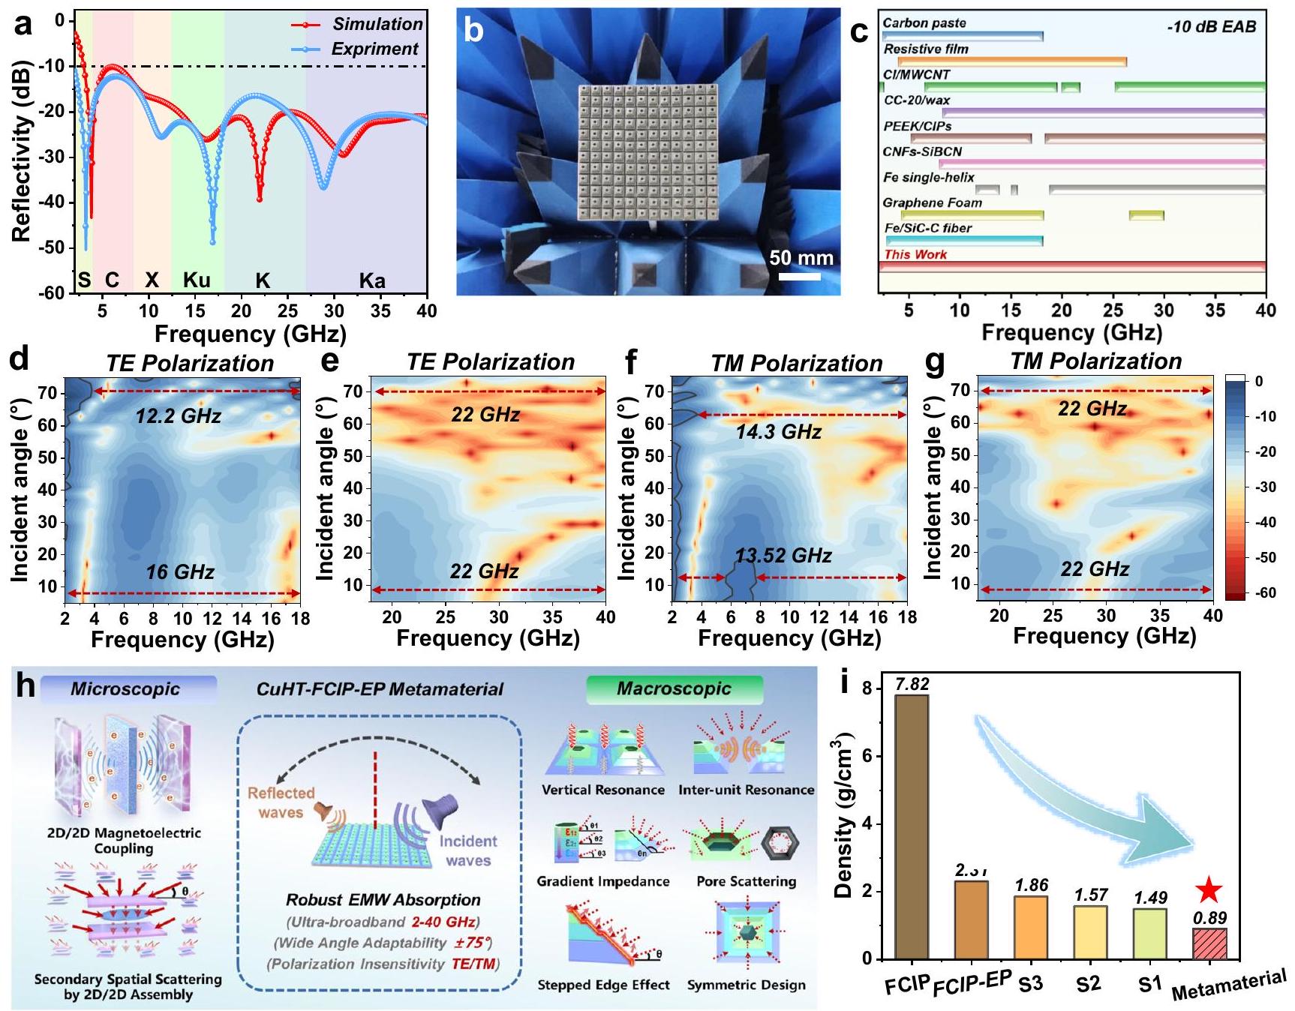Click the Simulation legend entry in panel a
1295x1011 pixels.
(377, 24)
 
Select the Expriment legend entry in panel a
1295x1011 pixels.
(374, 49)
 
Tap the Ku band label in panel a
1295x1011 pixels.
(197, 280)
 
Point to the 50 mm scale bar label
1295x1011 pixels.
(801, 258)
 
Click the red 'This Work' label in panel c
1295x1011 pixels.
(915, 254)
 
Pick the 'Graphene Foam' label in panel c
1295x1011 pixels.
(932, 202)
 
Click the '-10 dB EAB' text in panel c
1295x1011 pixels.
(1211, 27)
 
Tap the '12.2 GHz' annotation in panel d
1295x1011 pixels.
(178, 415)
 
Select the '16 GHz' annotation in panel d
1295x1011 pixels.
(180, 572)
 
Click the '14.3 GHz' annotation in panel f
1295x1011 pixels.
(778, 431)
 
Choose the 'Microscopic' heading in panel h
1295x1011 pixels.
(125, 688)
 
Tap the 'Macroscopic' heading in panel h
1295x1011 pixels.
(674, 688)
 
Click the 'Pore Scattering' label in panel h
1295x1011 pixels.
(746, 881)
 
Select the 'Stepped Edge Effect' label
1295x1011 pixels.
(603, 985)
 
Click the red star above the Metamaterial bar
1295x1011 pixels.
(1209, 890)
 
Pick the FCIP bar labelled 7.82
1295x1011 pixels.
(912, 826)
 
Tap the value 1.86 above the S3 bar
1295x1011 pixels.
(1031, 886)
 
